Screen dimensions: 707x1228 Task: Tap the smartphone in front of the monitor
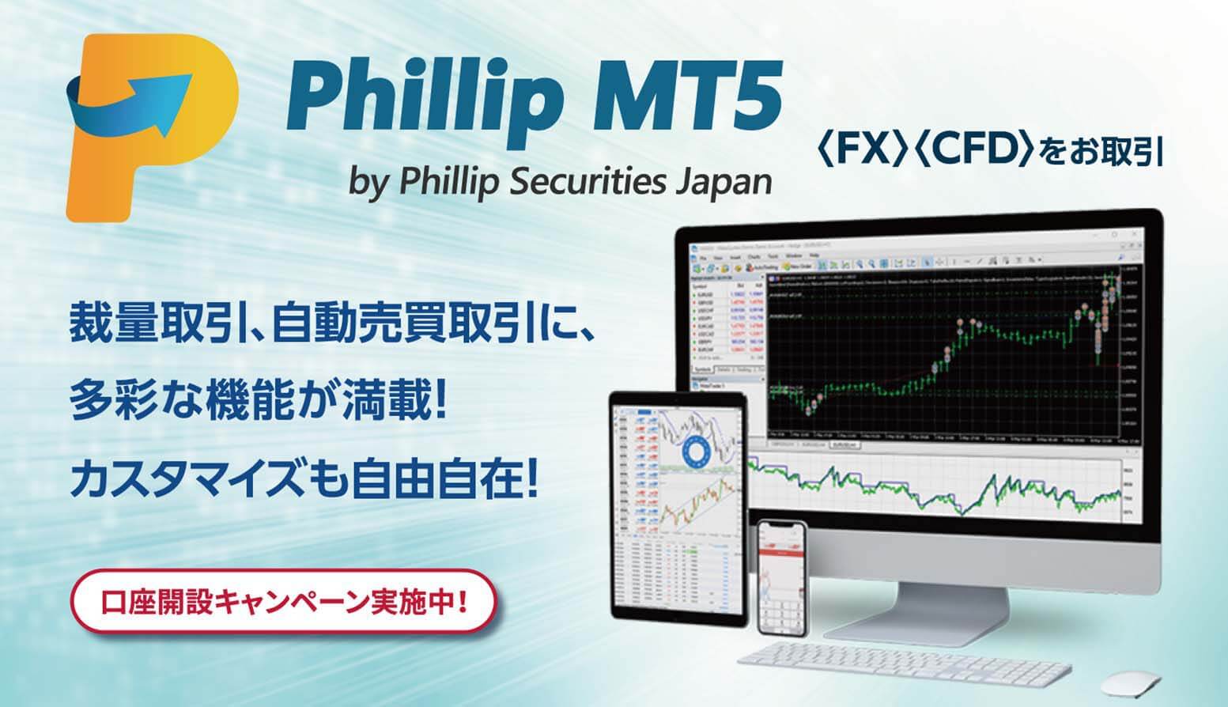coord(782,577)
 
